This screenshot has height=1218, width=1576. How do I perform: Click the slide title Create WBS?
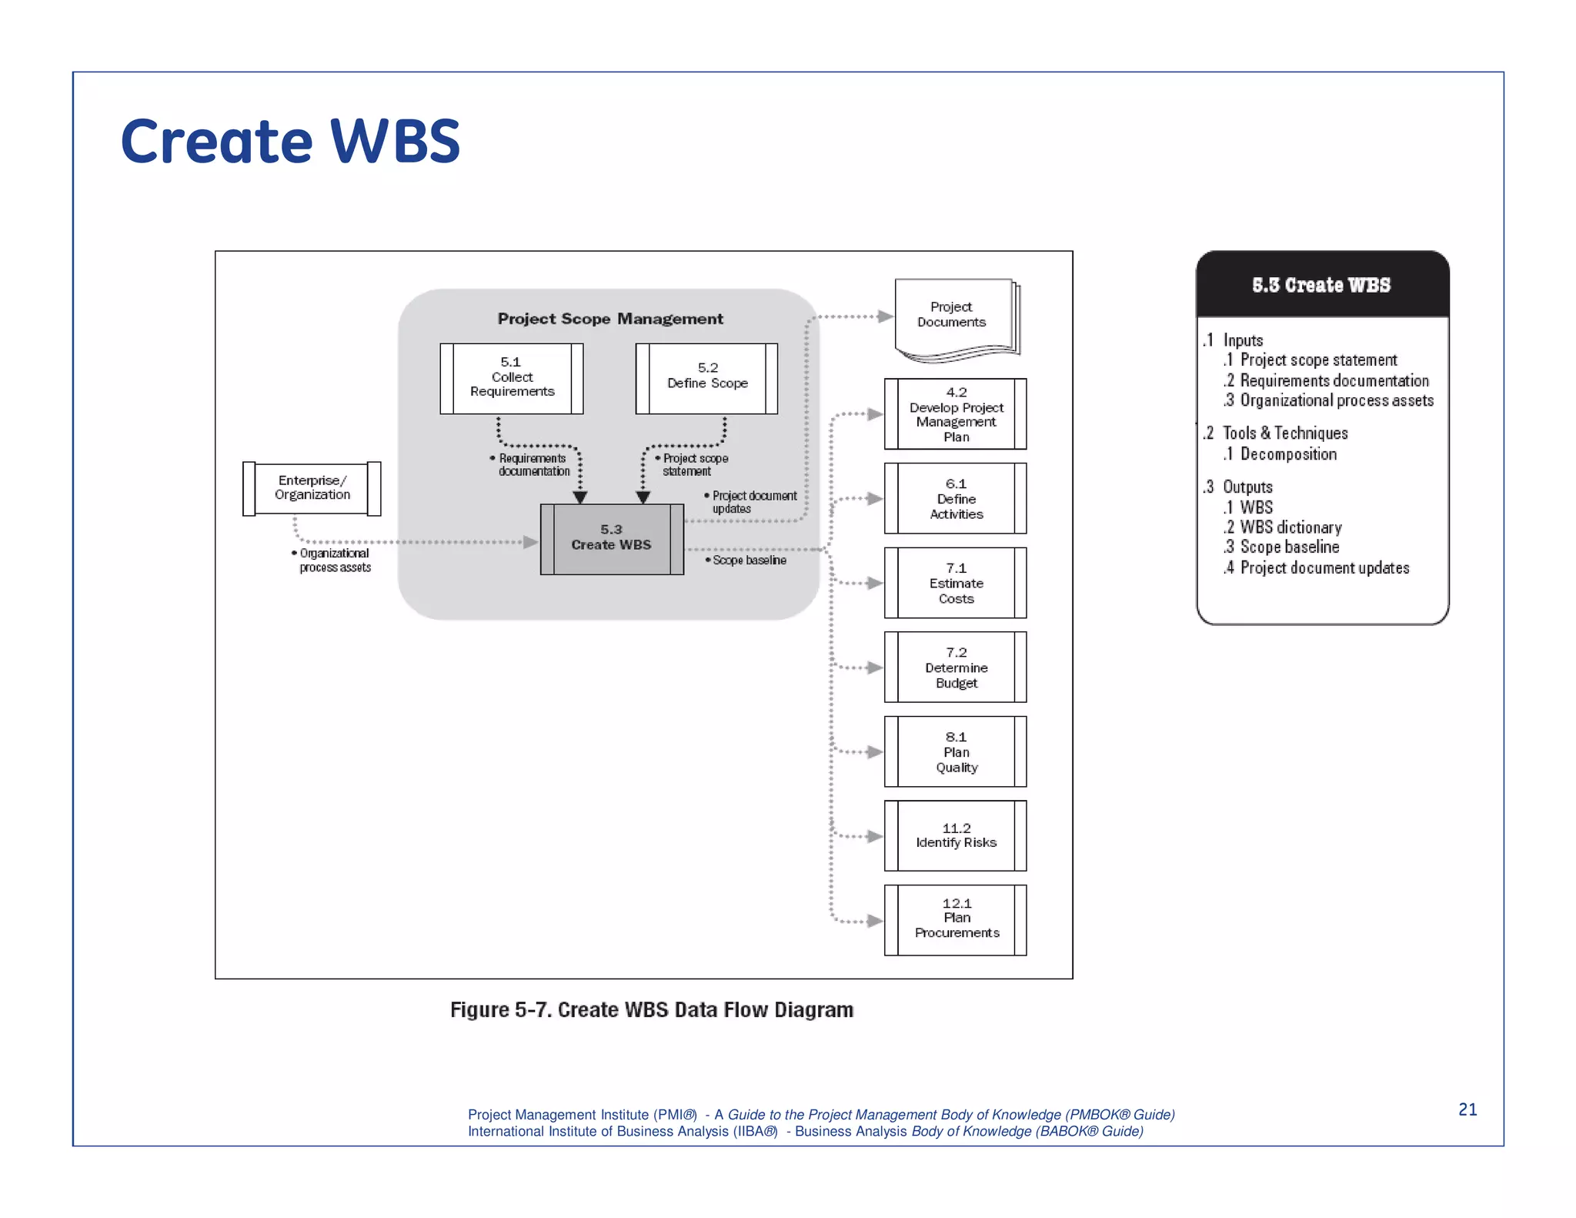pyautogui.click(x=290, y=142)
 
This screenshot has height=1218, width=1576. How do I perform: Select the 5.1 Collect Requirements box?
pyautogui.click(x=512, y=378)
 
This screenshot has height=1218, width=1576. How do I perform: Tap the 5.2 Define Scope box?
pyautogui.click(x=706, y=378)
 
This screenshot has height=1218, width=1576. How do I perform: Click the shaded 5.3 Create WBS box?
pyautogui.click(x=612, y=539)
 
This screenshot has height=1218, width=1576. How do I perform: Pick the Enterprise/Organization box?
pyautogui.click(x=312, y=488)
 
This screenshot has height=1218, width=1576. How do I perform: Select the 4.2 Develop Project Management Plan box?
pyautogui.click(x=956, y=414)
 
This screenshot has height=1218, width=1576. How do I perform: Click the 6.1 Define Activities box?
pyautogui.click(x=956, y=498)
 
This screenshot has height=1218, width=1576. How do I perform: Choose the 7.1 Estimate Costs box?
pyautogui.click(x=956, y=583)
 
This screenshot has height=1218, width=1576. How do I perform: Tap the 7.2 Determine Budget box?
pyautogui.click(x=956, y=667)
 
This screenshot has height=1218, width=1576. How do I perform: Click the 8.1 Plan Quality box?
pyautogui.click(x=956, y=751)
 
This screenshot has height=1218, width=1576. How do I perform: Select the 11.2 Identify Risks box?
pyautogui.click(x=956, y=835)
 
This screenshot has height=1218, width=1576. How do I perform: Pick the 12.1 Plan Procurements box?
pyautogui.click(x=956, y=919)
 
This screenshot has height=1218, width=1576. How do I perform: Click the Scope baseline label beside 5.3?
pyautogui.click(x=749, y=560)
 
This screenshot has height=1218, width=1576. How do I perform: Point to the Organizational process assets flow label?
pyautogui.click(x=334, y=560)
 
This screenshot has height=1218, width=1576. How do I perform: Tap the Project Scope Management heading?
pyautogui.click(x=610, y=319)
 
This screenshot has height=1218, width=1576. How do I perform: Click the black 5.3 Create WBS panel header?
pyautogui.click(x=1321, y=285)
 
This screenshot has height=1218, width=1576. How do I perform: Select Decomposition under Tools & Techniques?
pyautogui.click(x=1287, y=454)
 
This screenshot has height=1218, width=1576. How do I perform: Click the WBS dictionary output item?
pyautogui.click(x=1290, y=527)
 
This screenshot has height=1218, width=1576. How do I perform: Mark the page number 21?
pyautogui.click(x=1467, y=1109)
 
